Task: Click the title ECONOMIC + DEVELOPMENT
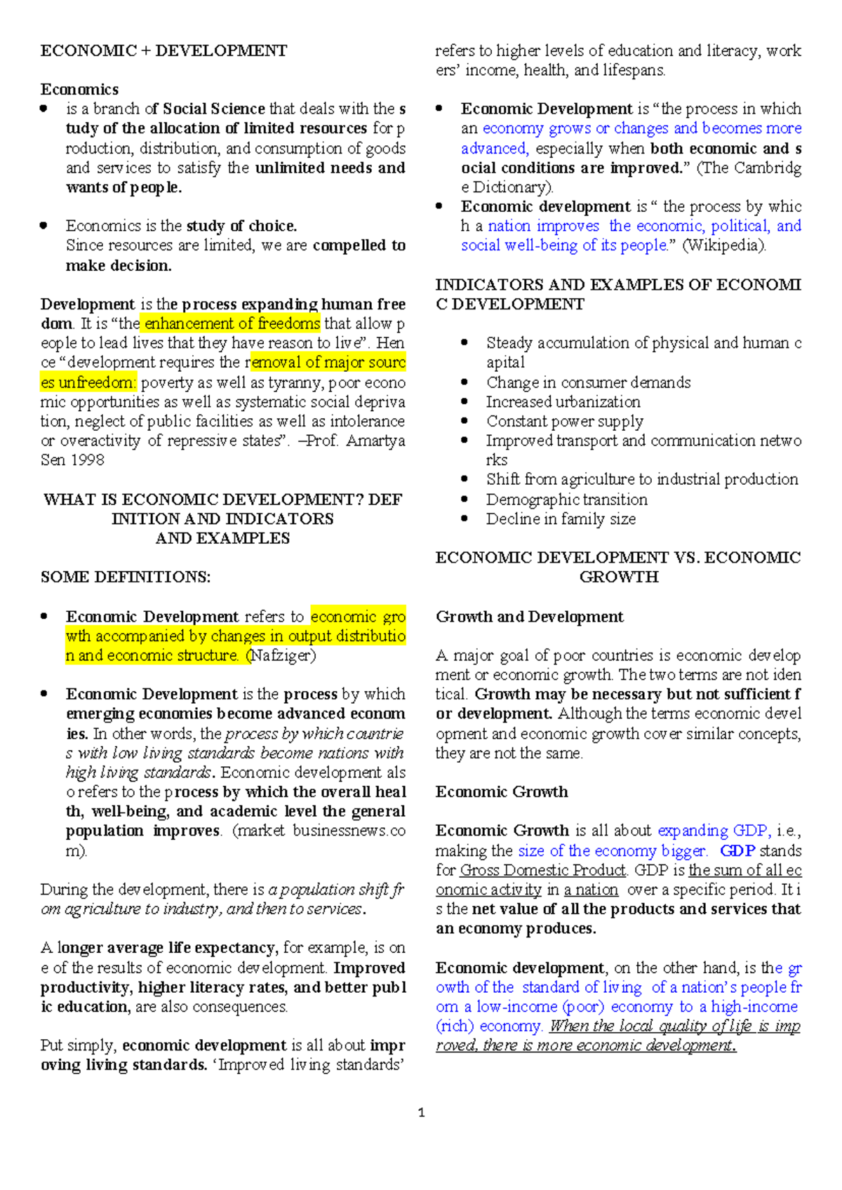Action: pos(163,51)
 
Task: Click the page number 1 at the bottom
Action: pos(421,1113)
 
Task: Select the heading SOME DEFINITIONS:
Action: pos(126,577)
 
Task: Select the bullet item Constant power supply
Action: pos(564,421)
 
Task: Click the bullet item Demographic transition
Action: pos(566,500)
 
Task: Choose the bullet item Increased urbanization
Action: pos(563,402)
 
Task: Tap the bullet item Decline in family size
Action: pos(561,519)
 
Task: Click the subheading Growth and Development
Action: pos(529,617)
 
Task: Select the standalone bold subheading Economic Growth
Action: pos(502,791)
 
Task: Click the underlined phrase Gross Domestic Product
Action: pos(542,870)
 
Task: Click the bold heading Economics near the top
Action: pos(79,89)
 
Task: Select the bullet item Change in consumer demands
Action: pos(588,382)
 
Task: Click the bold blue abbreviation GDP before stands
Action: pos(737,850)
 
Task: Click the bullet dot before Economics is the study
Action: pos(44,226)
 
